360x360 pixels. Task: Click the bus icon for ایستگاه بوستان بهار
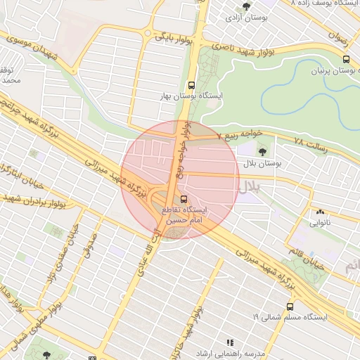click(x=192, y=84)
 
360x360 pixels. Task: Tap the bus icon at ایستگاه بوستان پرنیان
click(x=345, y=59)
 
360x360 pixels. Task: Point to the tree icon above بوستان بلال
click(x=263, y=150)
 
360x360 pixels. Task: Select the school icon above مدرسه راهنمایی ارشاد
click(x=233, y=342)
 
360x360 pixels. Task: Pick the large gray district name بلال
click(x=247, y=187)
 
